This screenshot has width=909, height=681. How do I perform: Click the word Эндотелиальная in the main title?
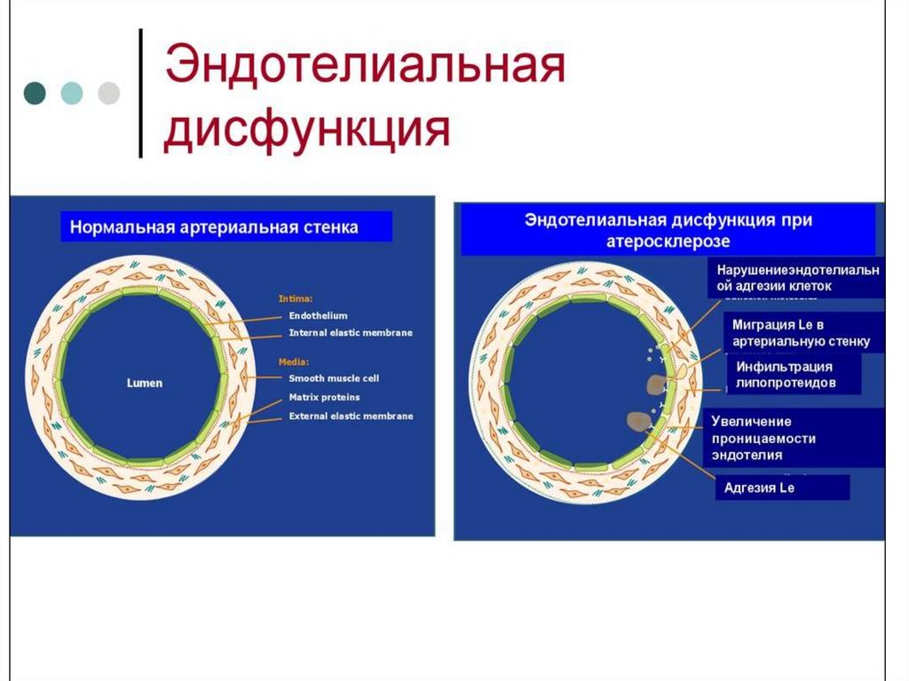pyautogui.click(x=364, y=70)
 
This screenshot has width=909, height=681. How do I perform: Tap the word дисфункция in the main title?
pyautogui.click(x=306, y=131)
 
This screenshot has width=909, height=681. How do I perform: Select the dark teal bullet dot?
pyautogui.click(x=36, y=93)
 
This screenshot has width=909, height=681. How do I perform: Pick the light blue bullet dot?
pyautogui.click(x=72, y=93)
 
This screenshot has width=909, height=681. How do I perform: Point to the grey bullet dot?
pyautogui.click(x=108, y=93)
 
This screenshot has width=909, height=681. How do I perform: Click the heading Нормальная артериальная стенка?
pyautogui.click(x=214, y=227)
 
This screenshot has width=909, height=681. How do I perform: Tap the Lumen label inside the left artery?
pyautogui.click(x=144, y=383)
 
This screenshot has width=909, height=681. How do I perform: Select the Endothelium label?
pyautogui.click(x=318, y=315)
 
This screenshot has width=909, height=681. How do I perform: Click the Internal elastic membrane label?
pyautogui.click(x=351, y=333)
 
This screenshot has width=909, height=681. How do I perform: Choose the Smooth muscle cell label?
pyautogui.click(x=334, y=378)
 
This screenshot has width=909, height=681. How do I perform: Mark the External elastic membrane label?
pyautogui.click(x=351, y=416)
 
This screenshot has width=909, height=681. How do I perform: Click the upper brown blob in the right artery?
pyautogui.click(x=658, y=384)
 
